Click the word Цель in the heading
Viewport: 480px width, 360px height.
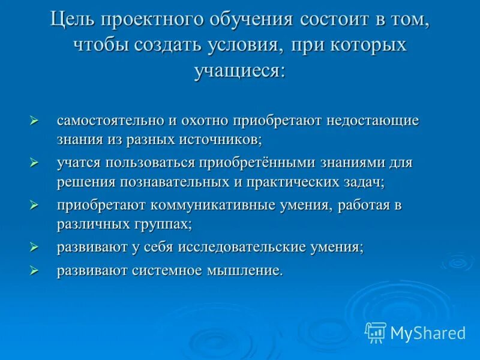point(73,20)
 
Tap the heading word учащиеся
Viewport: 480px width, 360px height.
point(239,71)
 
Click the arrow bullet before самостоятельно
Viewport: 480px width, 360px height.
point(34,120)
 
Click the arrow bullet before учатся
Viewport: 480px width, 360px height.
point(34,162)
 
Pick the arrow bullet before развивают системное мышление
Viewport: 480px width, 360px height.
point(34,271)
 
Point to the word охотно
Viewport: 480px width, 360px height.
point(200,120)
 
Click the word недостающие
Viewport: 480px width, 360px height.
point(372,120)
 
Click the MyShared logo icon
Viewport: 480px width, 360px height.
point(376,332)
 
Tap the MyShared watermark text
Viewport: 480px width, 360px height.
point(428,332)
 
